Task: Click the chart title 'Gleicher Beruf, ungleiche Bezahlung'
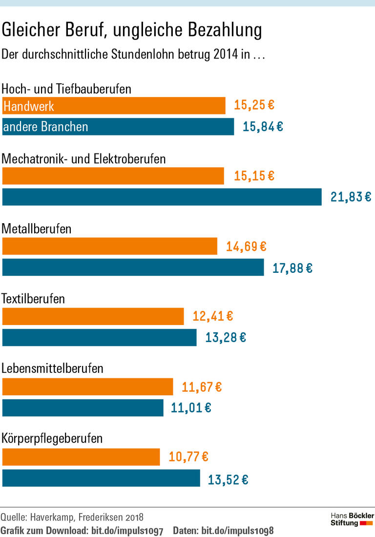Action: click(x=132, y=31)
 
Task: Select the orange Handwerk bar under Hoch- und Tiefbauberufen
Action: click(x=114, y=105)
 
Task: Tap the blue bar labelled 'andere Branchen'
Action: click(x=118, y=127)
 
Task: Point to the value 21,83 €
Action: click(x=351, y=197)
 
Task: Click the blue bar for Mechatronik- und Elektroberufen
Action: click(x=162, y=197)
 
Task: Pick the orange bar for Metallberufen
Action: click(x=110, y=246)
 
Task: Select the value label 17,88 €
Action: click(x=292, y=268)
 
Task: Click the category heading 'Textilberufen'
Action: click(x=33, y=299)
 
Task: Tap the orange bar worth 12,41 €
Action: click(x=93, y=316)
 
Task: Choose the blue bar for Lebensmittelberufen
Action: click(x=83, y=408)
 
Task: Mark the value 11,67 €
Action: click(x=202, y=387)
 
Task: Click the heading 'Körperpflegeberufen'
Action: click(x=52, y=438)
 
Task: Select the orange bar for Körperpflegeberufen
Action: click(x=81, y=457)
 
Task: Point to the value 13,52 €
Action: click(x=228, y=479)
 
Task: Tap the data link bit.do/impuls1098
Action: click(x=237, y=530)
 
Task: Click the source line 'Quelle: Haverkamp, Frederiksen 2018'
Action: click(x=72, y=517)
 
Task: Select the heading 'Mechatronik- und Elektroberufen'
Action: click(x=84, y=159)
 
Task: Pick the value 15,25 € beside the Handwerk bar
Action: click(x=254, y=105)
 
